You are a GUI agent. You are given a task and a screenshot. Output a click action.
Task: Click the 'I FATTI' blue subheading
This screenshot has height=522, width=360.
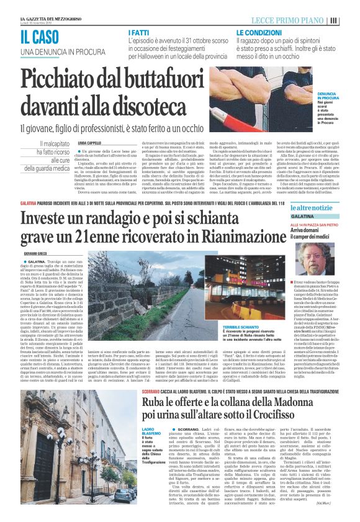138,32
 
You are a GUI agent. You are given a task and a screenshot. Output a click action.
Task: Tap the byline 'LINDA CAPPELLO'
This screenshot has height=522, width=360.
90,144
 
